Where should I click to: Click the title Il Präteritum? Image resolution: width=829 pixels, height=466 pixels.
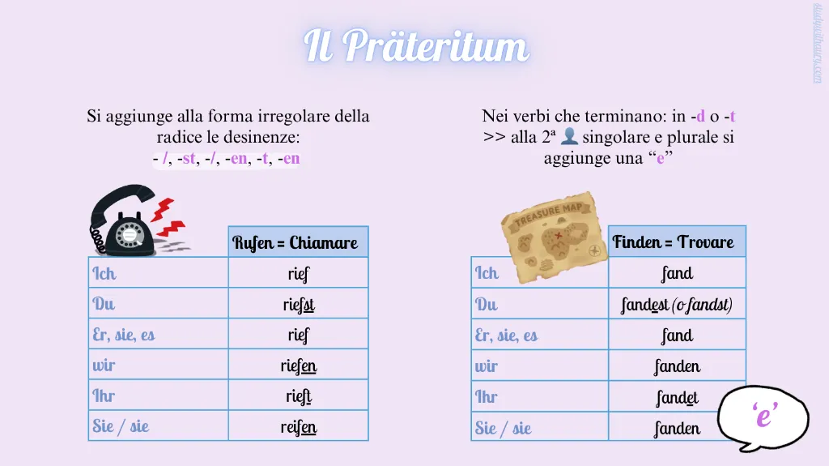point(416,45)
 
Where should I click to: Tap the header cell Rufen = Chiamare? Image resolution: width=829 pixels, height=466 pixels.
point(298,242)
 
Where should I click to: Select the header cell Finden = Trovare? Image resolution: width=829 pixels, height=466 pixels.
point(678,242)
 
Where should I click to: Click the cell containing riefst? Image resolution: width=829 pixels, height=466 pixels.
point(298,303)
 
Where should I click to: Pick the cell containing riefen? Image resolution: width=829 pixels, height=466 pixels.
point(298,365)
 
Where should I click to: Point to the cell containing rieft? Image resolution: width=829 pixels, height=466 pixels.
point(298,395)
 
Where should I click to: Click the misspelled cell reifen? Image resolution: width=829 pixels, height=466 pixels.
point(298,425)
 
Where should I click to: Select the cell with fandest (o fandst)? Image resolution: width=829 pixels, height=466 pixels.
point(678,304)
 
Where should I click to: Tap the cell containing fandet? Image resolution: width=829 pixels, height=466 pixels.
point(678,396)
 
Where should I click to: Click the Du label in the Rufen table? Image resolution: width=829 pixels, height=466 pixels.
point(104,303)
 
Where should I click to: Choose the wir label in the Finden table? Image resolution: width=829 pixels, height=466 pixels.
point(487,366)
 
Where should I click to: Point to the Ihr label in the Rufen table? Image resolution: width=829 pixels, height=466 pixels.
point(104,395)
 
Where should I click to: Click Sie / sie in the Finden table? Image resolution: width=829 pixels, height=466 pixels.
point(503,427)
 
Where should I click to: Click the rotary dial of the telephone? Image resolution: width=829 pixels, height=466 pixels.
point(130,233)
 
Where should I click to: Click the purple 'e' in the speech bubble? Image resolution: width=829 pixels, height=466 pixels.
point(764,415)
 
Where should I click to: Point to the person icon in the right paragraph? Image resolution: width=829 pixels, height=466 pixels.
point(569,136)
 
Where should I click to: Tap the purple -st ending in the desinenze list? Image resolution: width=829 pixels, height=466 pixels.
point(187,158)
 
